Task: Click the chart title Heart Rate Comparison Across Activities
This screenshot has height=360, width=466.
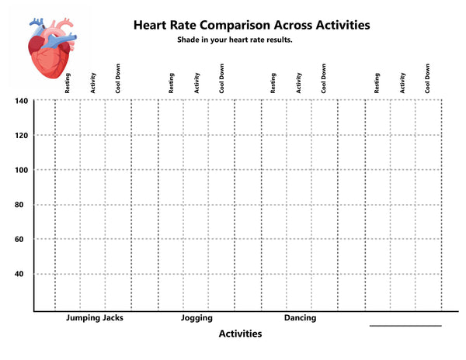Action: [252, 26]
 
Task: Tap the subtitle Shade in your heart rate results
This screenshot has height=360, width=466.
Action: [235, 40]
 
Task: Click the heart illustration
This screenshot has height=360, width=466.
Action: [52, 48]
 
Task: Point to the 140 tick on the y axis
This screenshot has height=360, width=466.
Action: [22, 101]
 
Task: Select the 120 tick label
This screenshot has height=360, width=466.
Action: [22, 136]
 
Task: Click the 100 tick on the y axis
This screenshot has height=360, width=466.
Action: [22, 170]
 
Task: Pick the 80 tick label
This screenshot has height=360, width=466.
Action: [19, 205]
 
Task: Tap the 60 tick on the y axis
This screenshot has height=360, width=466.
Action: [19, 239]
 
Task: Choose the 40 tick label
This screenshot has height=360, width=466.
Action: [19, 274]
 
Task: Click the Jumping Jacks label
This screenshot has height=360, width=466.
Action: [95, 318]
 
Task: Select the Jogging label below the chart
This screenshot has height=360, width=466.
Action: [196, 318]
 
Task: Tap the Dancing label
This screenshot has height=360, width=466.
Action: [300, 318]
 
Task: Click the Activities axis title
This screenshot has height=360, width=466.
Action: [241, 334]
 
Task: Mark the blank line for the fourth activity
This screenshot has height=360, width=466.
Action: [405, 326]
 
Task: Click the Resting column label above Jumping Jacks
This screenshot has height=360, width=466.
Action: [68, 83]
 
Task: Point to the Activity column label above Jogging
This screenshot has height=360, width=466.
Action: [196, 83]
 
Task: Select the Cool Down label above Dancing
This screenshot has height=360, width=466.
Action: [324, 78]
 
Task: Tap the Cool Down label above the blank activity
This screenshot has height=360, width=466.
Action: [427, 78]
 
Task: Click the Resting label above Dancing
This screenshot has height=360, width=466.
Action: [273, 83]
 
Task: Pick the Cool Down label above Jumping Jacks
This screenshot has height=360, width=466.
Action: [118, 78]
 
